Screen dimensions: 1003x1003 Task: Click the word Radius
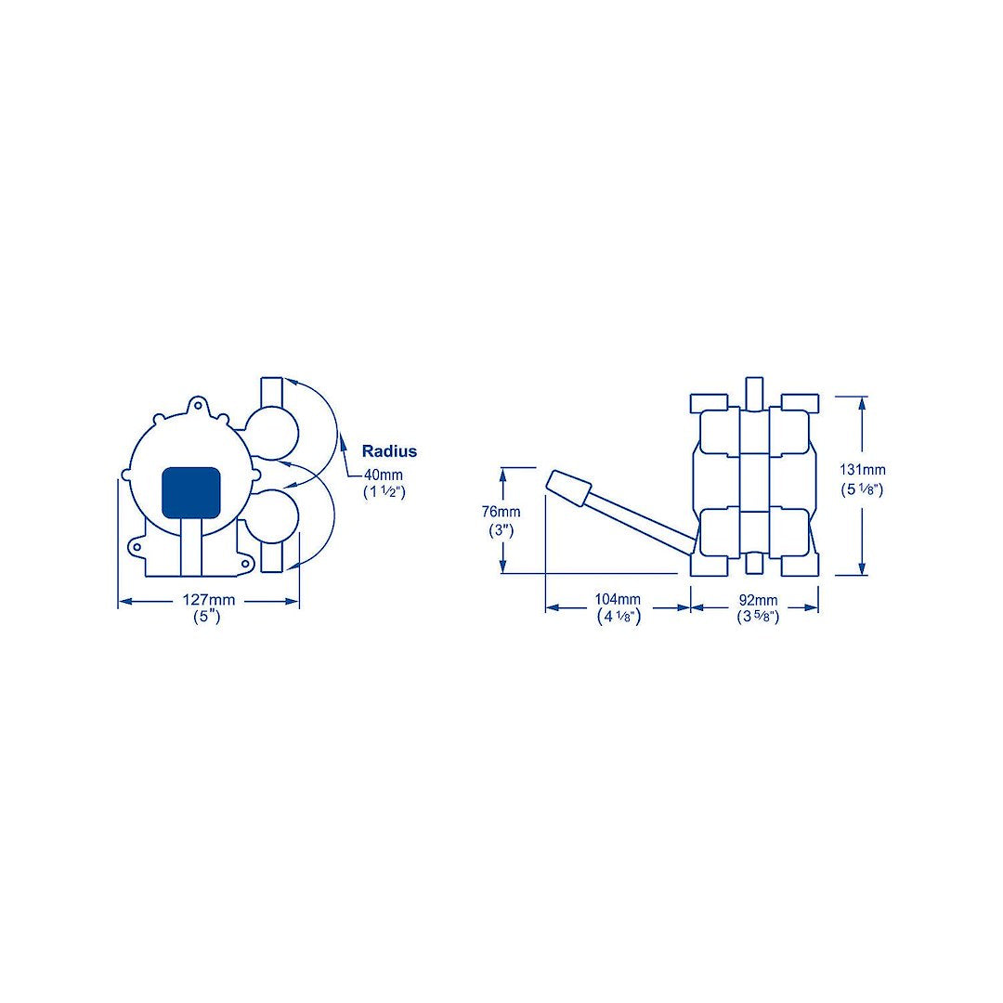tap(389, 451)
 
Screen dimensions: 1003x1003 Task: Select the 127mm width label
tap(208, 601)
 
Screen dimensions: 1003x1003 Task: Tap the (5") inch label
tap(206, 617)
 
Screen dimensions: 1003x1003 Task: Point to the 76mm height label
tap(501, 512)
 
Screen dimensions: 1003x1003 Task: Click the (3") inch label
tap(501, 529)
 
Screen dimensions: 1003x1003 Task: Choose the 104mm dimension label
tap(618, 599)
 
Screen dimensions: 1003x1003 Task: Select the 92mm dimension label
tap(757, 600)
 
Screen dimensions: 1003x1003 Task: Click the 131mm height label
tap(863, 470)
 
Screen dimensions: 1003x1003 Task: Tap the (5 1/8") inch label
tap(863, 488)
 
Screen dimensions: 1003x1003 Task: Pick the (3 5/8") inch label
tap(757, 617)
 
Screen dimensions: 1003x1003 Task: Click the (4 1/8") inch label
tap(618, 617)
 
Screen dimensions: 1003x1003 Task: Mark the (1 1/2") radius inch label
tap(384, 491)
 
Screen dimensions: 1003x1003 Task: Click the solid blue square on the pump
tap(191, 491)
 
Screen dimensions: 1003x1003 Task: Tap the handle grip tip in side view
tap(568, 488)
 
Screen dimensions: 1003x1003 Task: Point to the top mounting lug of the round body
tap(196, 405)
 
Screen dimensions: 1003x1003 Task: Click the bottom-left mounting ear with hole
tap(137, 547)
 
